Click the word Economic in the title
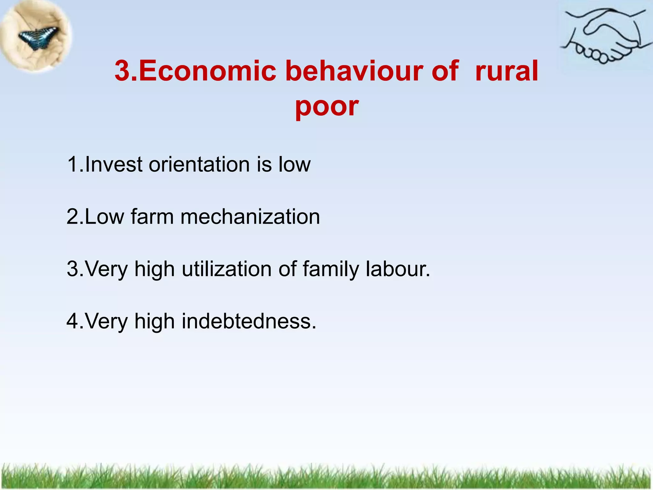pyautogui.click(x=207, y=71)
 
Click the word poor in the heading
pyautogui.click(x=326, y=106)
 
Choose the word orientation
pyautogui.click(x=199, y=165)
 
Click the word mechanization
pyautogui.click(x=250, y=217)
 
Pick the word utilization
pyautogui.click(x=227, y=269)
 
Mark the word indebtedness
pyautogui.click(x=249, y=321)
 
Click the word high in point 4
pyautogui.click(x=154, y=322)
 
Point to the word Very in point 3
pyautogui.click(x=106, y=269)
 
